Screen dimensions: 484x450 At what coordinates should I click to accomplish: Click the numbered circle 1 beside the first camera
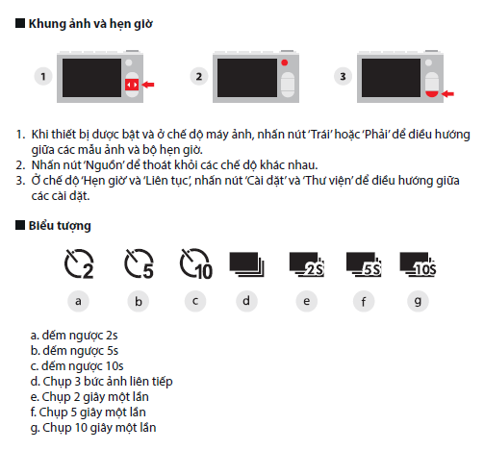point(43,76)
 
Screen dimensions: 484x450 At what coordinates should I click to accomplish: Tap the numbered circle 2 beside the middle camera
point(199,76)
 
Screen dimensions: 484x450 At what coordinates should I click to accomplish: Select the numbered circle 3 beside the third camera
point(343,76)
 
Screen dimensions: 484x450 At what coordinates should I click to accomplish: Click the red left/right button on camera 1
point(132,85)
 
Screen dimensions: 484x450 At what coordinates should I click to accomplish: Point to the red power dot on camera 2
point(285,62)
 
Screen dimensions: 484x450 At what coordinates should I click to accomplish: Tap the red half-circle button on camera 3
point(432,93)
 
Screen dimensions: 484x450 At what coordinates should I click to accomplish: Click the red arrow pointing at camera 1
point(148,85)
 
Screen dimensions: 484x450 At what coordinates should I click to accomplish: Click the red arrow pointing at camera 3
point(447,93)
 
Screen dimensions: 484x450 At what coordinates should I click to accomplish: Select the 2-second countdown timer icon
point(79,263)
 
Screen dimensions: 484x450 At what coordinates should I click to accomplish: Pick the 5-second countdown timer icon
point(139,263)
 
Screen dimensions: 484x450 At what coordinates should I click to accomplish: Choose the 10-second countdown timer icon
point(196,263)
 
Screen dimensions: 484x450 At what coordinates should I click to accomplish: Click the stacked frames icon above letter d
point(246,264)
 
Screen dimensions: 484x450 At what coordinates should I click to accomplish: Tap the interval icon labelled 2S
point(307,264)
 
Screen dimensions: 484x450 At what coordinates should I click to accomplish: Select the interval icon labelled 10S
point(418,264)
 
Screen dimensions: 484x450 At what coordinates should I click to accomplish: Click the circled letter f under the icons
point(364,301)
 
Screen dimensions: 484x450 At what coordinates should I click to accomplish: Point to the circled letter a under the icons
point(78,301)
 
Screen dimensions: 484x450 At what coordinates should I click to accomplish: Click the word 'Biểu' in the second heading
point(41,225)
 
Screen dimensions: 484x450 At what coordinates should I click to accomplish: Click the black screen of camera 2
point(247,78)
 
